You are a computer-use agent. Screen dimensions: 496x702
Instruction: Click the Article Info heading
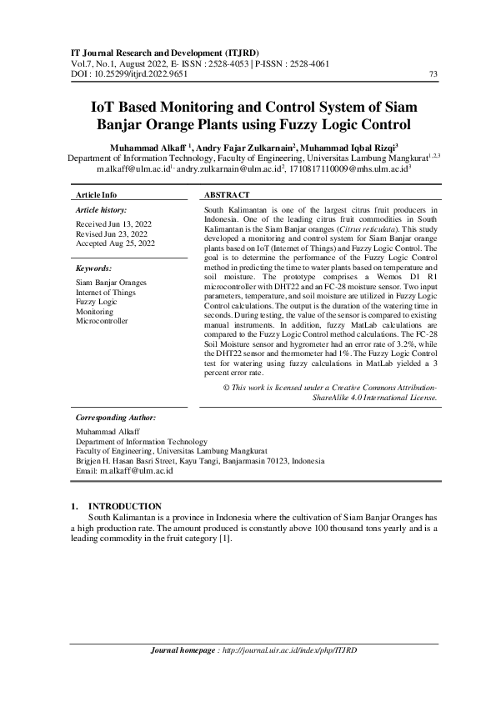coord(96,193)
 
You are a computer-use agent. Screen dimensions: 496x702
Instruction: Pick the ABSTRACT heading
coord(227,193)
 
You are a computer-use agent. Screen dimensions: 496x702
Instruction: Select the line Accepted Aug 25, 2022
coord(115,243)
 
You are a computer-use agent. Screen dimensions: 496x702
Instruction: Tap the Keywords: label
coord(93,269)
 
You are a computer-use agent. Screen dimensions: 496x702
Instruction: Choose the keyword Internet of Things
coord(109,293)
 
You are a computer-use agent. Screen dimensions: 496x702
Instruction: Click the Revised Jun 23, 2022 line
coord(112,234)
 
